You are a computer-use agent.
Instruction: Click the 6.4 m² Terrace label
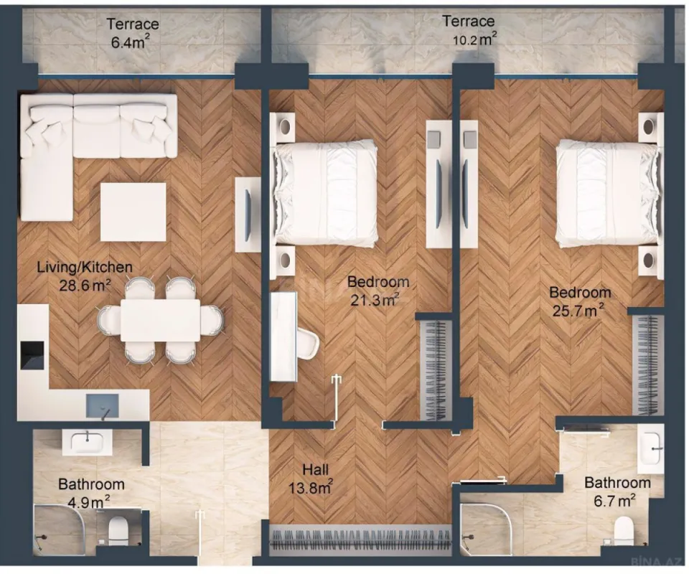point(134,33)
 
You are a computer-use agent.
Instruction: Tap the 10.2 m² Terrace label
point(468,30)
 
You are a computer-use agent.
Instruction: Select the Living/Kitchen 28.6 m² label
point(84,276)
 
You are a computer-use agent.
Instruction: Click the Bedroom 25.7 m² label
point(580,301)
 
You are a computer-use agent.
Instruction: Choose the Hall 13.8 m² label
point(316,479)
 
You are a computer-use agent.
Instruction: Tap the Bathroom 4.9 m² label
point(91,492)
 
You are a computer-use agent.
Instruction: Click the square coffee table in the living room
point(133,212)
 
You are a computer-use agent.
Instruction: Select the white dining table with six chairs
point(160,320)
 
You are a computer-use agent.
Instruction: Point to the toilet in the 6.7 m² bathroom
point(624,531)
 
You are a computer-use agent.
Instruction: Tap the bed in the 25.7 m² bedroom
point(607,190)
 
